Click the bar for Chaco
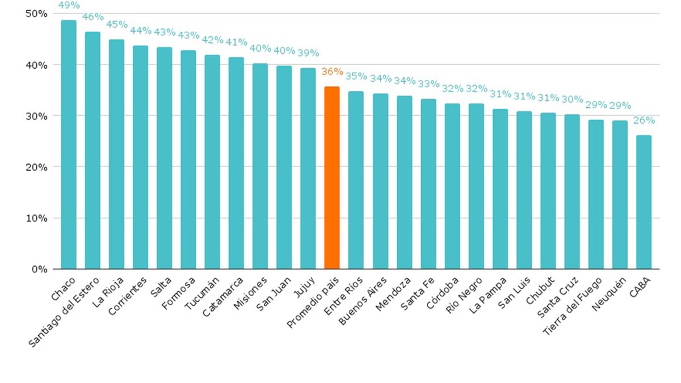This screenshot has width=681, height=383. pyautogui.click(x=69, y=145)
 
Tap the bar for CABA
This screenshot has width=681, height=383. pyautogui.click(x=644, y=202)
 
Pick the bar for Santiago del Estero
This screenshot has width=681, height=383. pyautogui.click(x=93, y=150)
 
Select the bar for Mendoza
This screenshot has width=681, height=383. pyautogui.click(x=404, y=182)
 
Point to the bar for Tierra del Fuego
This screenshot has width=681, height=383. pyautogui.click(x=596, y=194)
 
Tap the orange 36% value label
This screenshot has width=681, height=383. pyautogui.click(x=332, y=71)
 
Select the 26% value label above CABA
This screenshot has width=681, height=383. pyautogui.click(x=644, y=120)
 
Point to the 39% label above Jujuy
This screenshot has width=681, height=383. pyautogui.click(x=309, y=54)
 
